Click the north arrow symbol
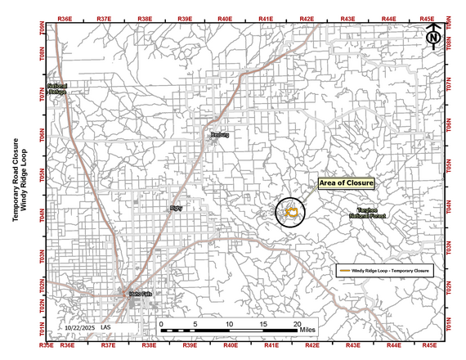tap(434, 35)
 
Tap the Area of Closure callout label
tap(346, 182)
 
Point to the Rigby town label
tap(176, 209)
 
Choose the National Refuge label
tap(57, 89)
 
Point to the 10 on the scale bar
tap(230, 325)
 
